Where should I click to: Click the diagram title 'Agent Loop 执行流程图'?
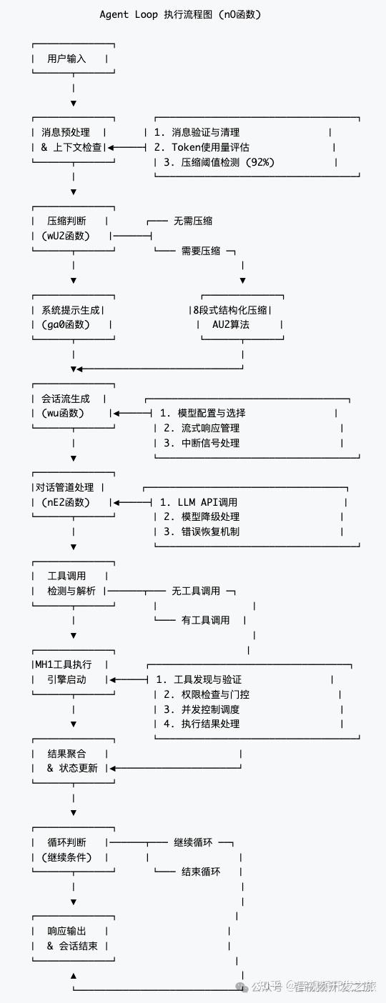click(179, 14)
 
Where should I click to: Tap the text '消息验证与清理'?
click(206, 132)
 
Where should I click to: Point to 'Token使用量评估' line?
click(210, 147)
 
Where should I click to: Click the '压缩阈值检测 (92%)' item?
click(217, 162)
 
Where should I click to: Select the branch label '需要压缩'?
click(201, 251)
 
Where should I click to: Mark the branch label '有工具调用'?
click(206, 620)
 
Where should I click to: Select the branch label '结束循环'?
click(201, 872)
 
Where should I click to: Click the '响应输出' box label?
click(66, 931)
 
